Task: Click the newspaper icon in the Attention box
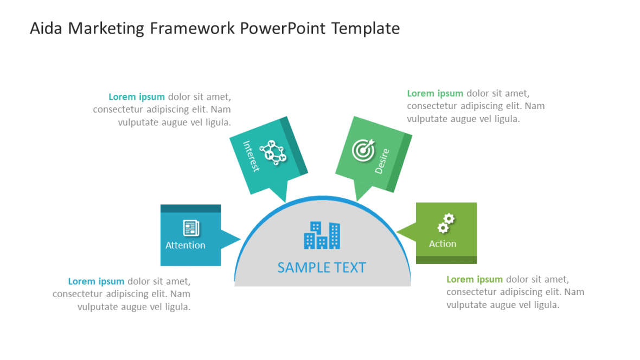click(x=191, y=228)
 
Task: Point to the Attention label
click(x=185, y=246)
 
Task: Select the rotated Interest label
click(x=251, y=156)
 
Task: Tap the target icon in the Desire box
click(x=363, y=150)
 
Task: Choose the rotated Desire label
click(x=382, y=162)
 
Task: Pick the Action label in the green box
click(x=443, y=244)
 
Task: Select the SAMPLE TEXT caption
click(x=322, y=267)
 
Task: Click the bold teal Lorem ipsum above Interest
click(x=137, y=97)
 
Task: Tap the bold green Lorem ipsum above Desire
click(x=435, y=93)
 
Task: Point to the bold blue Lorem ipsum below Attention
click(x=96, y=281)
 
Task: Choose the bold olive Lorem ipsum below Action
click(x=475, y=279)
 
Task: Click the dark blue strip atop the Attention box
click(x=191, y=209)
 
